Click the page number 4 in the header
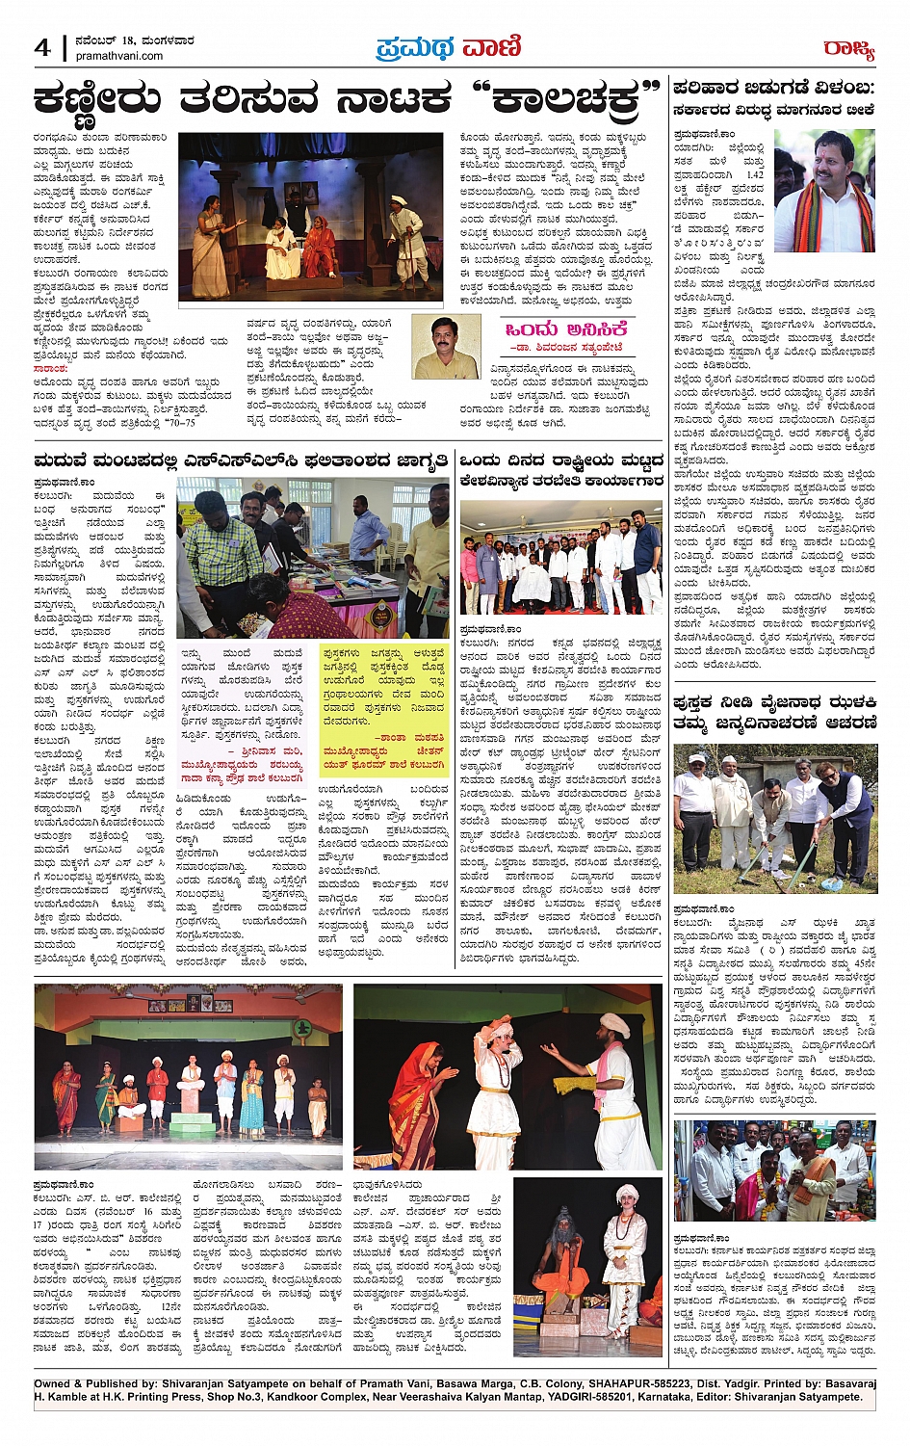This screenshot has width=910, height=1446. coord(42,47)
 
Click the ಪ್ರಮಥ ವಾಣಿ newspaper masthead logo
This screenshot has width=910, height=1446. coord(449,46)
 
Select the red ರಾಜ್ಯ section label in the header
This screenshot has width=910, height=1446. coord(847,48)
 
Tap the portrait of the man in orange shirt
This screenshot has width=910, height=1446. coord(446,347)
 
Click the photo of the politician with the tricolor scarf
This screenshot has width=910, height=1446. coord(824,192)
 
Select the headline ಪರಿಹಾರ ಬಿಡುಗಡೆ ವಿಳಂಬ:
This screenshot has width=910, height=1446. coord(773,89)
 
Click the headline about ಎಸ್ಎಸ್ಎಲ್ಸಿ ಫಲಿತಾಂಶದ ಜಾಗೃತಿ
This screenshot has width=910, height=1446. coord(241,460)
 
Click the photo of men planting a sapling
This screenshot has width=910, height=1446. coord(774,819)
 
